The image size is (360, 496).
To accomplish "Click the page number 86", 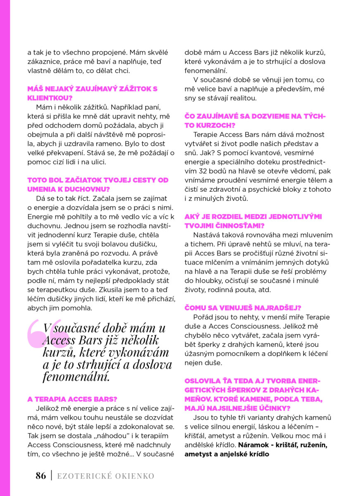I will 41,476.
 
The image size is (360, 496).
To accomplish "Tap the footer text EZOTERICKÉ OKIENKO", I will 106,476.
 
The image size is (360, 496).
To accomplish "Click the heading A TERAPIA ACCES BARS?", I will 72,399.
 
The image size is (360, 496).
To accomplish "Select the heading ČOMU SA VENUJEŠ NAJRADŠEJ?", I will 243,308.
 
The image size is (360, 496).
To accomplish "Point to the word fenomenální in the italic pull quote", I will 75,377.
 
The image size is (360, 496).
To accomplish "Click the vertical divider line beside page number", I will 52,476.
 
